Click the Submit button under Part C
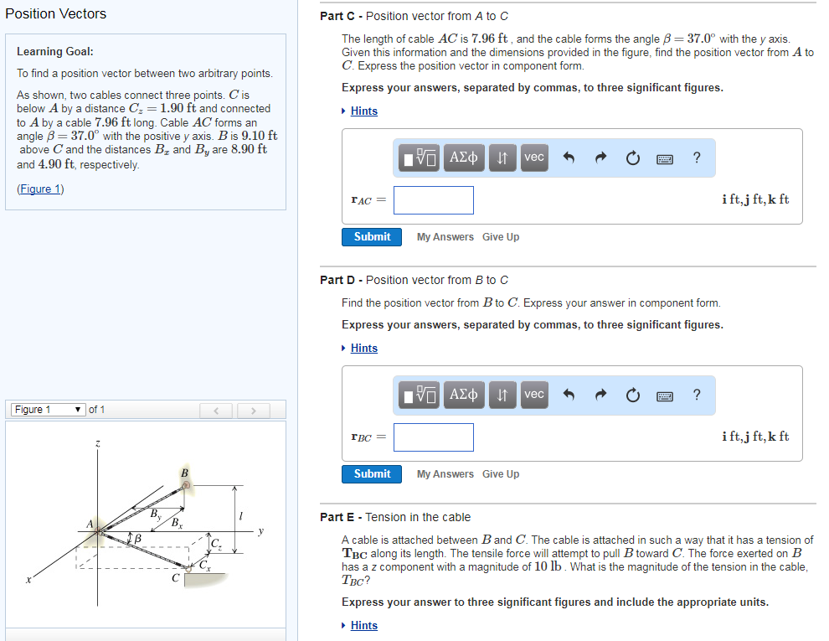click(372, 237)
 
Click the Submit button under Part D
click(372, 474)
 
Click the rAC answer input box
click(434, 200)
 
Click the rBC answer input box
click(434, 437)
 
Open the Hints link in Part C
click(363, 111)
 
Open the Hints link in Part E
click(363, 626)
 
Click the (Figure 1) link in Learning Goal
click(40, 189)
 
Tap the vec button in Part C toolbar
click(533, 158)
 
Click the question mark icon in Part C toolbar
click(698, 158)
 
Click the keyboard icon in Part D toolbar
click(666, 395)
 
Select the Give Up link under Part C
click(501, 237)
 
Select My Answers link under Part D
click(445, 474)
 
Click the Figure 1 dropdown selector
click(48, 410)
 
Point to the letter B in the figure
click(184, 473)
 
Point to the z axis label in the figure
click(98, 443)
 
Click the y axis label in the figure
click(260, 530)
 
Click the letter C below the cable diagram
click(175, 578)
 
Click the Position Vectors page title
click(56, 13)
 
